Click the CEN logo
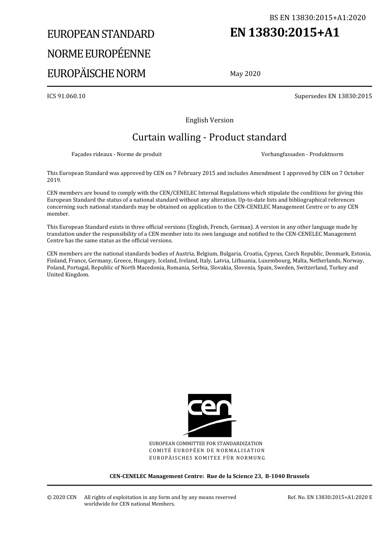coord(209,415)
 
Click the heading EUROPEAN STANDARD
coord(101,34)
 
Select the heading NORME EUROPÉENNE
coord(99,54)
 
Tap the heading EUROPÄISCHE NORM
coord(96,74)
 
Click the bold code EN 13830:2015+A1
coord(284,32)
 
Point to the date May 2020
coord(245,74)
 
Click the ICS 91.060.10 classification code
coord(66,96)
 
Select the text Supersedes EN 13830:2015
coord(333,96)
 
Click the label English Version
coord(209,120)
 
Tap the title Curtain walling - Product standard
coord(209,137)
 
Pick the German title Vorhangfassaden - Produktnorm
coord(302,154)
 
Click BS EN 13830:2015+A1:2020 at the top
coord(317,18)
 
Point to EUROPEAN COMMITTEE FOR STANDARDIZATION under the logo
coord(206,444)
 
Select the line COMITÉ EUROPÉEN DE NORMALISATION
coord(207,451)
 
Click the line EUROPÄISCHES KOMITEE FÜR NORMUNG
coord(207,458)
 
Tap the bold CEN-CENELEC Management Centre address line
coord(209,476)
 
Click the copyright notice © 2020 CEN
coord(62,497)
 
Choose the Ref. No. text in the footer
coord(330,497)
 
